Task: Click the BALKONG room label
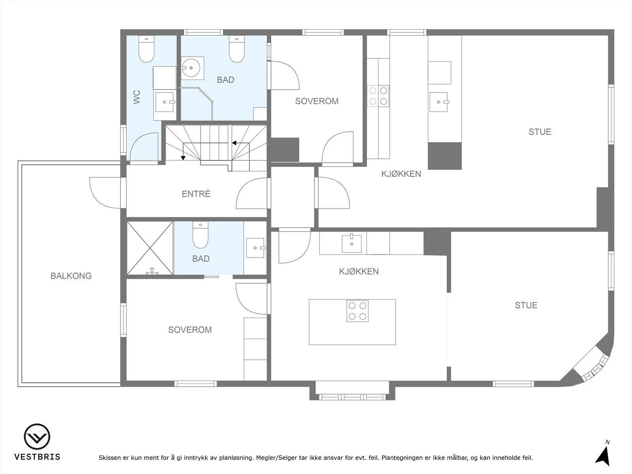71,276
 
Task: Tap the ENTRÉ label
196,194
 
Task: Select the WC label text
137,97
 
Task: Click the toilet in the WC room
147,49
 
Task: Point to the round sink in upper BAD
191,68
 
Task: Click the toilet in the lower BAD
200,235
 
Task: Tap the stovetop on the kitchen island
357,311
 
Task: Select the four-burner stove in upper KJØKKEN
378,96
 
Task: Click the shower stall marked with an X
150,248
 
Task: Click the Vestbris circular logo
37,436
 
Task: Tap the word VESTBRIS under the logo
37,457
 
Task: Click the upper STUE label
540,132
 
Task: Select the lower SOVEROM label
190,330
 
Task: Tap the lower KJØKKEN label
359,271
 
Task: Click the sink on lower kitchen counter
352,243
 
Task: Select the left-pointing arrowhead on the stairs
234,143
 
